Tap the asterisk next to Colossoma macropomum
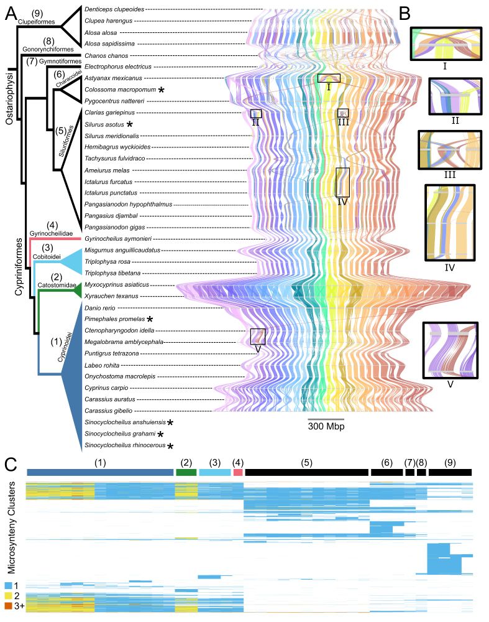pyautogui.click(x=162, y=90)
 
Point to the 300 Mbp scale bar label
pyautogui.click(x=326, y=427)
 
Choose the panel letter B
pyautogui.click(x=404, y=12)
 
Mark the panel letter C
pyautogui.click(x=11, y=463)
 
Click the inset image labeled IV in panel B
pyautogui.click(x=449, y=222)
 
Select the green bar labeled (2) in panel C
pyautogui.click(x=186, y=473)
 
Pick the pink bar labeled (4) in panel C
pyautogui.click(x=237, y=473)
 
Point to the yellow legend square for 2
pyautogui.click(x=8, y=596)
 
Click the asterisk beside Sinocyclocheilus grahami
pyautogui.click(x=161, y=434)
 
